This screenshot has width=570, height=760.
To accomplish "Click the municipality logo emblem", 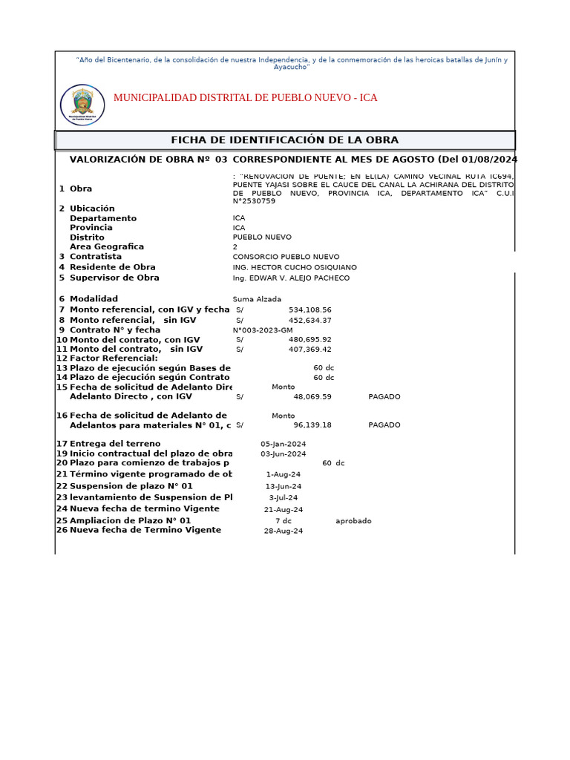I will tap(82, 105).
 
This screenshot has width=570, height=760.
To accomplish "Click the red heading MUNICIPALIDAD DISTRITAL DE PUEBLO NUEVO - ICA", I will tap(245, 98).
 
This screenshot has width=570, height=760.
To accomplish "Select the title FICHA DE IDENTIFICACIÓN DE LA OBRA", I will tap(284, 140).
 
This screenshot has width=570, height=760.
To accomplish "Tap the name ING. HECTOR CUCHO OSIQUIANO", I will tap(295, 267).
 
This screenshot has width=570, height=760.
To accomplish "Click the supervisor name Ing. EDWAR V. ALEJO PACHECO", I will tap(291, 278).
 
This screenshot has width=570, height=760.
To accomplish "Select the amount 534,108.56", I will tap(310, 310).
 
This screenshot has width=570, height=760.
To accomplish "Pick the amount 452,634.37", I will tap(310, 321).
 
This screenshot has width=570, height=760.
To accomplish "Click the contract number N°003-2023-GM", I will tap(263, 330).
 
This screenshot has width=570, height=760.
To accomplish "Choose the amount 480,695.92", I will tap(310, 340).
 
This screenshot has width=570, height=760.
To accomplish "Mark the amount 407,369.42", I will tap(310, 350).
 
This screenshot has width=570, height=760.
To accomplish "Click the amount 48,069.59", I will tap(312, 397).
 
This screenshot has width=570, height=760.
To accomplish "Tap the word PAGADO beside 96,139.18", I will tap(384, 425).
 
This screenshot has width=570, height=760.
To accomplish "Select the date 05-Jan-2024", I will tap(283, 444).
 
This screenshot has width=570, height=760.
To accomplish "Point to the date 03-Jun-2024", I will tap(283, 453).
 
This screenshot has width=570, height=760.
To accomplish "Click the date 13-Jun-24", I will tap(284, 487).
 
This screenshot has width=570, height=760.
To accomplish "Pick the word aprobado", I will tap(353, 521).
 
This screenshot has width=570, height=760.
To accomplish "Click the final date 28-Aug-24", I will tap(284, 531).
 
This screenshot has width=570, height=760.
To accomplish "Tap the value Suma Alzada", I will tap(257, 299).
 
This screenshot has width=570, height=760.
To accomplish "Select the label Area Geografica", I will tap(107, 246).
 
